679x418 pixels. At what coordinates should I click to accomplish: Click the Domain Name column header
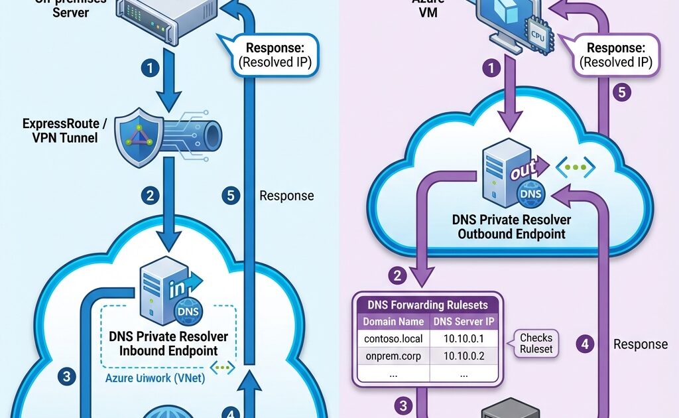coord(393,322)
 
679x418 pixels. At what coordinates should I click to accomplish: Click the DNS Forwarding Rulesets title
coord(428,305)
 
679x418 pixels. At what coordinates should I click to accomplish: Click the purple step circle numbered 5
coord(621,92)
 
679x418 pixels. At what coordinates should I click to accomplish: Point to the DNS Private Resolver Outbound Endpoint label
coord(511,227)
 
